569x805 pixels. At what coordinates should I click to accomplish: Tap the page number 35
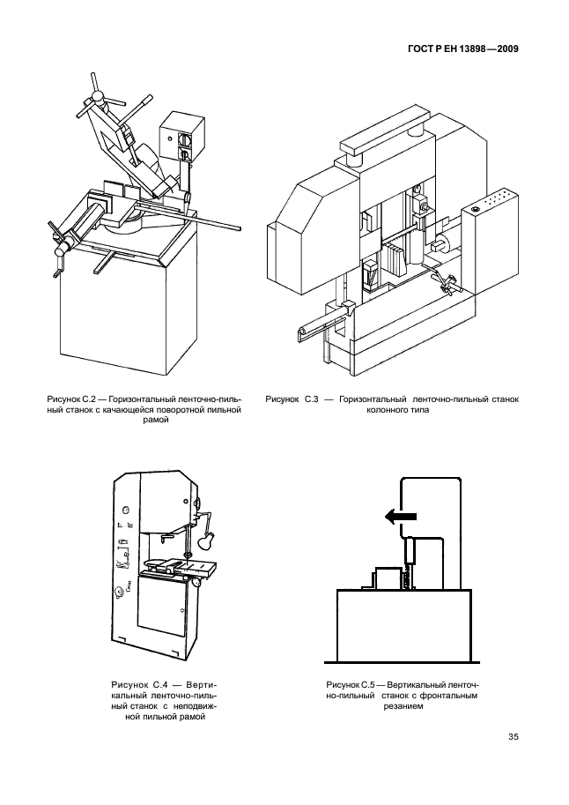point(512,738)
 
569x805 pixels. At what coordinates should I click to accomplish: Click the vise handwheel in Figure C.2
point(61,251)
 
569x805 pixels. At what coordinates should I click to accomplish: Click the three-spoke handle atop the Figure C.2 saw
point(100,93)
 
